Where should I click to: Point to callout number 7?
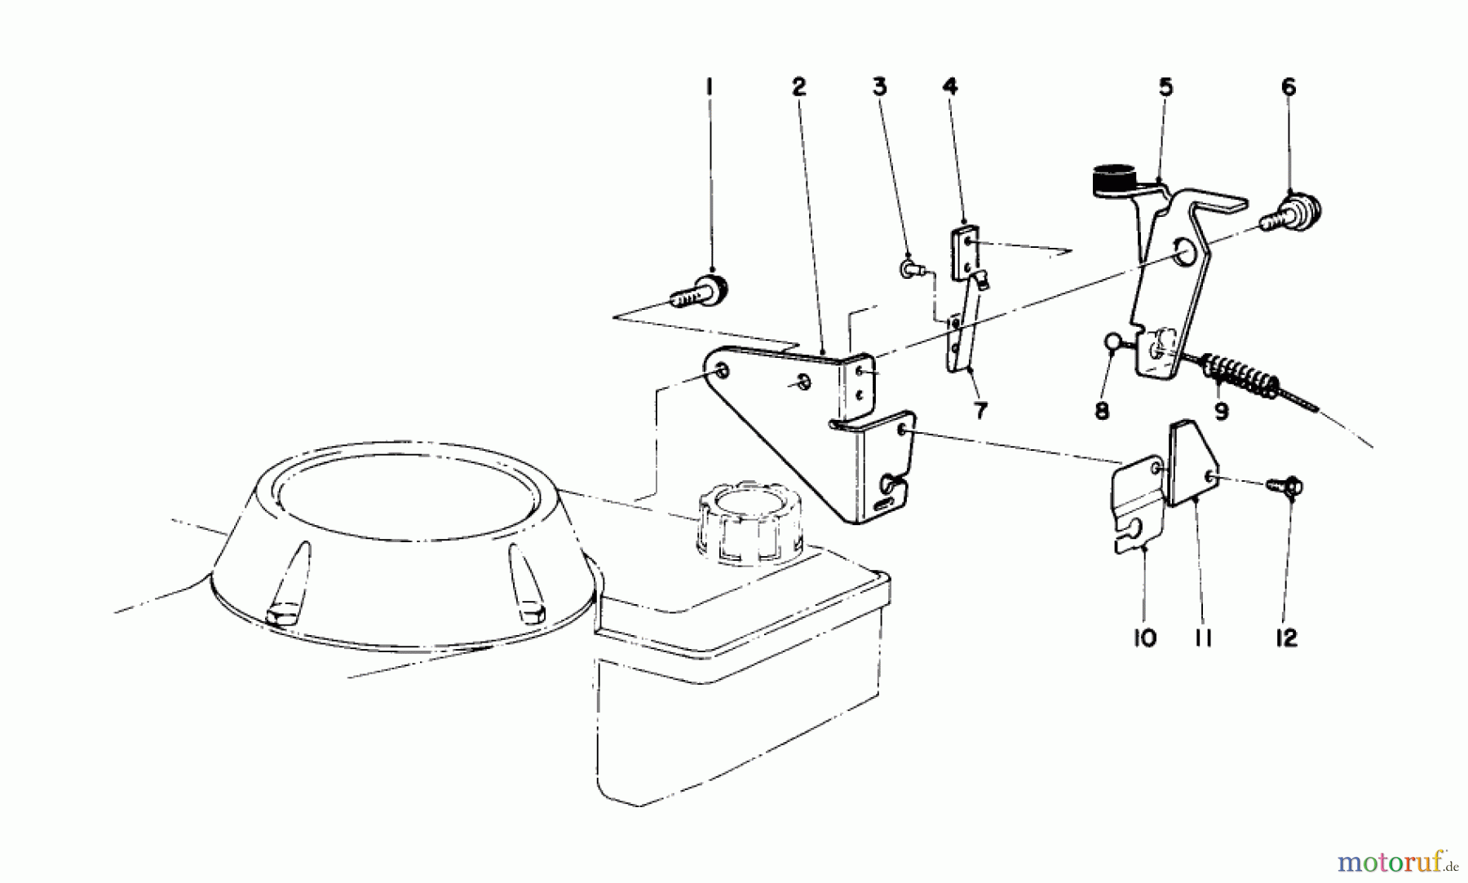(x=979, y=410)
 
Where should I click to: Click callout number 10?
(x=1144, y=638)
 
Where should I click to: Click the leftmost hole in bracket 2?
(x=723, y=373)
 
